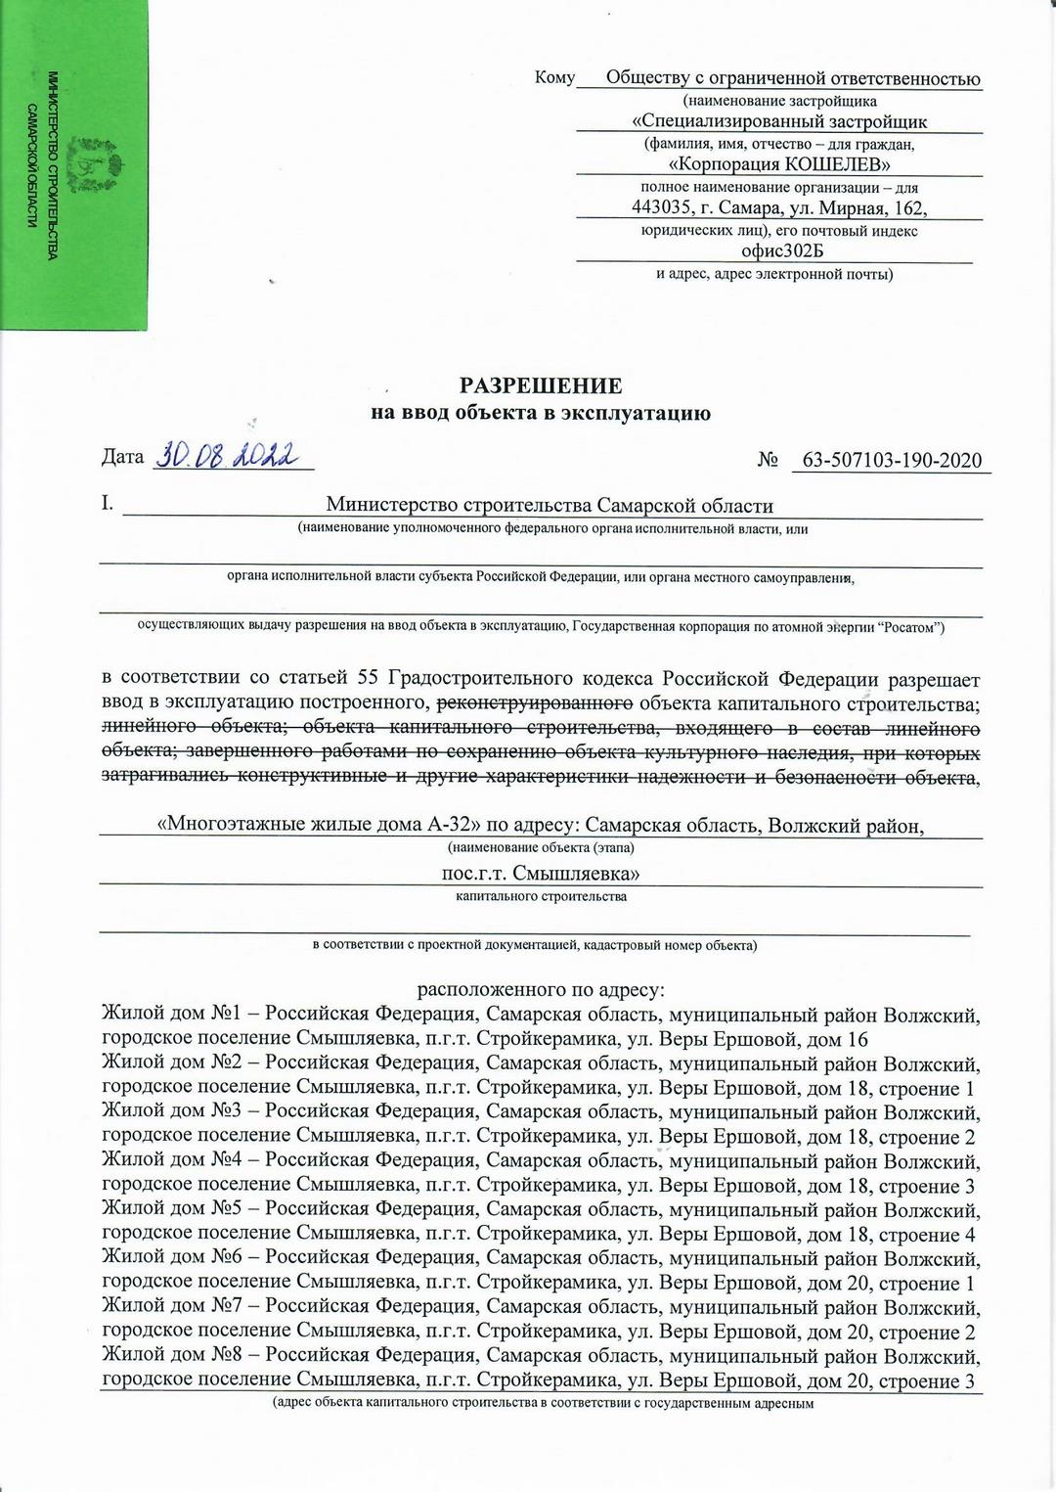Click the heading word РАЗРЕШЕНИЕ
click(x=541, y=385)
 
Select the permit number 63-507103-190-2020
click(x=892, y=460)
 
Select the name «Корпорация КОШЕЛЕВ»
click(x=778, y=163)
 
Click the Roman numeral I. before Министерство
click(x=108, y=504)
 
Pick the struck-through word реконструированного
click(x=534, y=703)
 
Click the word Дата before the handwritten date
click(x=122, y=457)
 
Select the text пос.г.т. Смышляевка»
click(x=541, y=873)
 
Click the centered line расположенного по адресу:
click(x=541, y=989)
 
